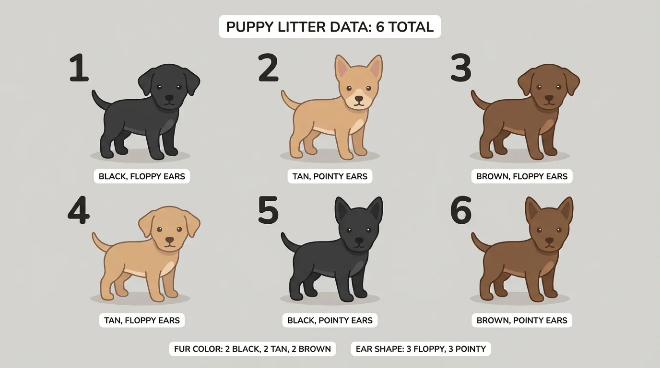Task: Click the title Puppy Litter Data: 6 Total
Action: [x=330, y=27]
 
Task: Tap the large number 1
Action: [x=79, y=68]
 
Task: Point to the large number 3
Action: [x=461, y=68]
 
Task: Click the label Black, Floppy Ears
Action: [x=141, y=176]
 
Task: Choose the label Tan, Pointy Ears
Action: [x=330, y=176]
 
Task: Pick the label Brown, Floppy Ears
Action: [x=521, y=176]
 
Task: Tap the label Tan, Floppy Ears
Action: [x=141, y=320]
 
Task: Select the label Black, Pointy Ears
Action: [x=330, y=320]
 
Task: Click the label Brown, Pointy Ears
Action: [x=521, y=320]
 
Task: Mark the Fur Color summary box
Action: [x=252, y=349]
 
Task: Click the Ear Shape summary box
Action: [x=421, y=349]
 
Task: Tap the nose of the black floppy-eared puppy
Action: [x=169, y=97]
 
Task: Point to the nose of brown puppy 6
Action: [x=549, y=241]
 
